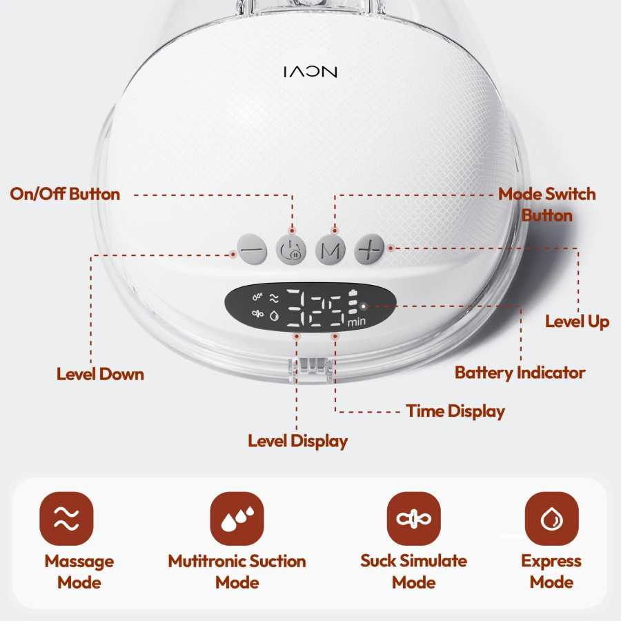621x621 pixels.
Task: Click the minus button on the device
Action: tap(252, 250)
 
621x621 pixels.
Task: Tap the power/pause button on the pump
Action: tap(291, 250)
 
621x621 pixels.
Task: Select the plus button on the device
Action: tap(369, 250)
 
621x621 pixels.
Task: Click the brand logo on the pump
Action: tap(310, 72)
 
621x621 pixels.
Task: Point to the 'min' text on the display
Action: tap(357, 322)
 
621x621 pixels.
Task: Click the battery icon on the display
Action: tap(353, 293)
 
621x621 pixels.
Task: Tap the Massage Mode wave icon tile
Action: tap(66, 518)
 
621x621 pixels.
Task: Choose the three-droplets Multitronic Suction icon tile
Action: tap(237, 518)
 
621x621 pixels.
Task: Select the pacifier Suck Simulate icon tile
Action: tap(413, 518)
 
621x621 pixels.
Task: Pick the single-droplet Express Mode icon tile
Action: tap(552, 518)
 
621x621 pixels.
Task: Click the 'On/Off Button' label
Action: tap(65, 194)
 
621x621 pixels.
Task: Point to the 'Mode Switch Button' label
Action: tap(547, 204)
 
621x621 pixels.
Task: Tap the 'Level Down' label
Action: tap(100, 374)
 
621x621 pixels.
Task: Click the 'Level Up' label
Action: tap(577, 322)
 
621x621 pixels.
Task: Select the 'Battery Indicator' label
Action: tap(520, 373)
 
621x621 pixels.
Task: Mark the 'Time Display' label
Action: tap(455, 411)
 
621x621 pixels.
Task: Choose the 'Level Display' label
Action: tap(298, 441)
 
